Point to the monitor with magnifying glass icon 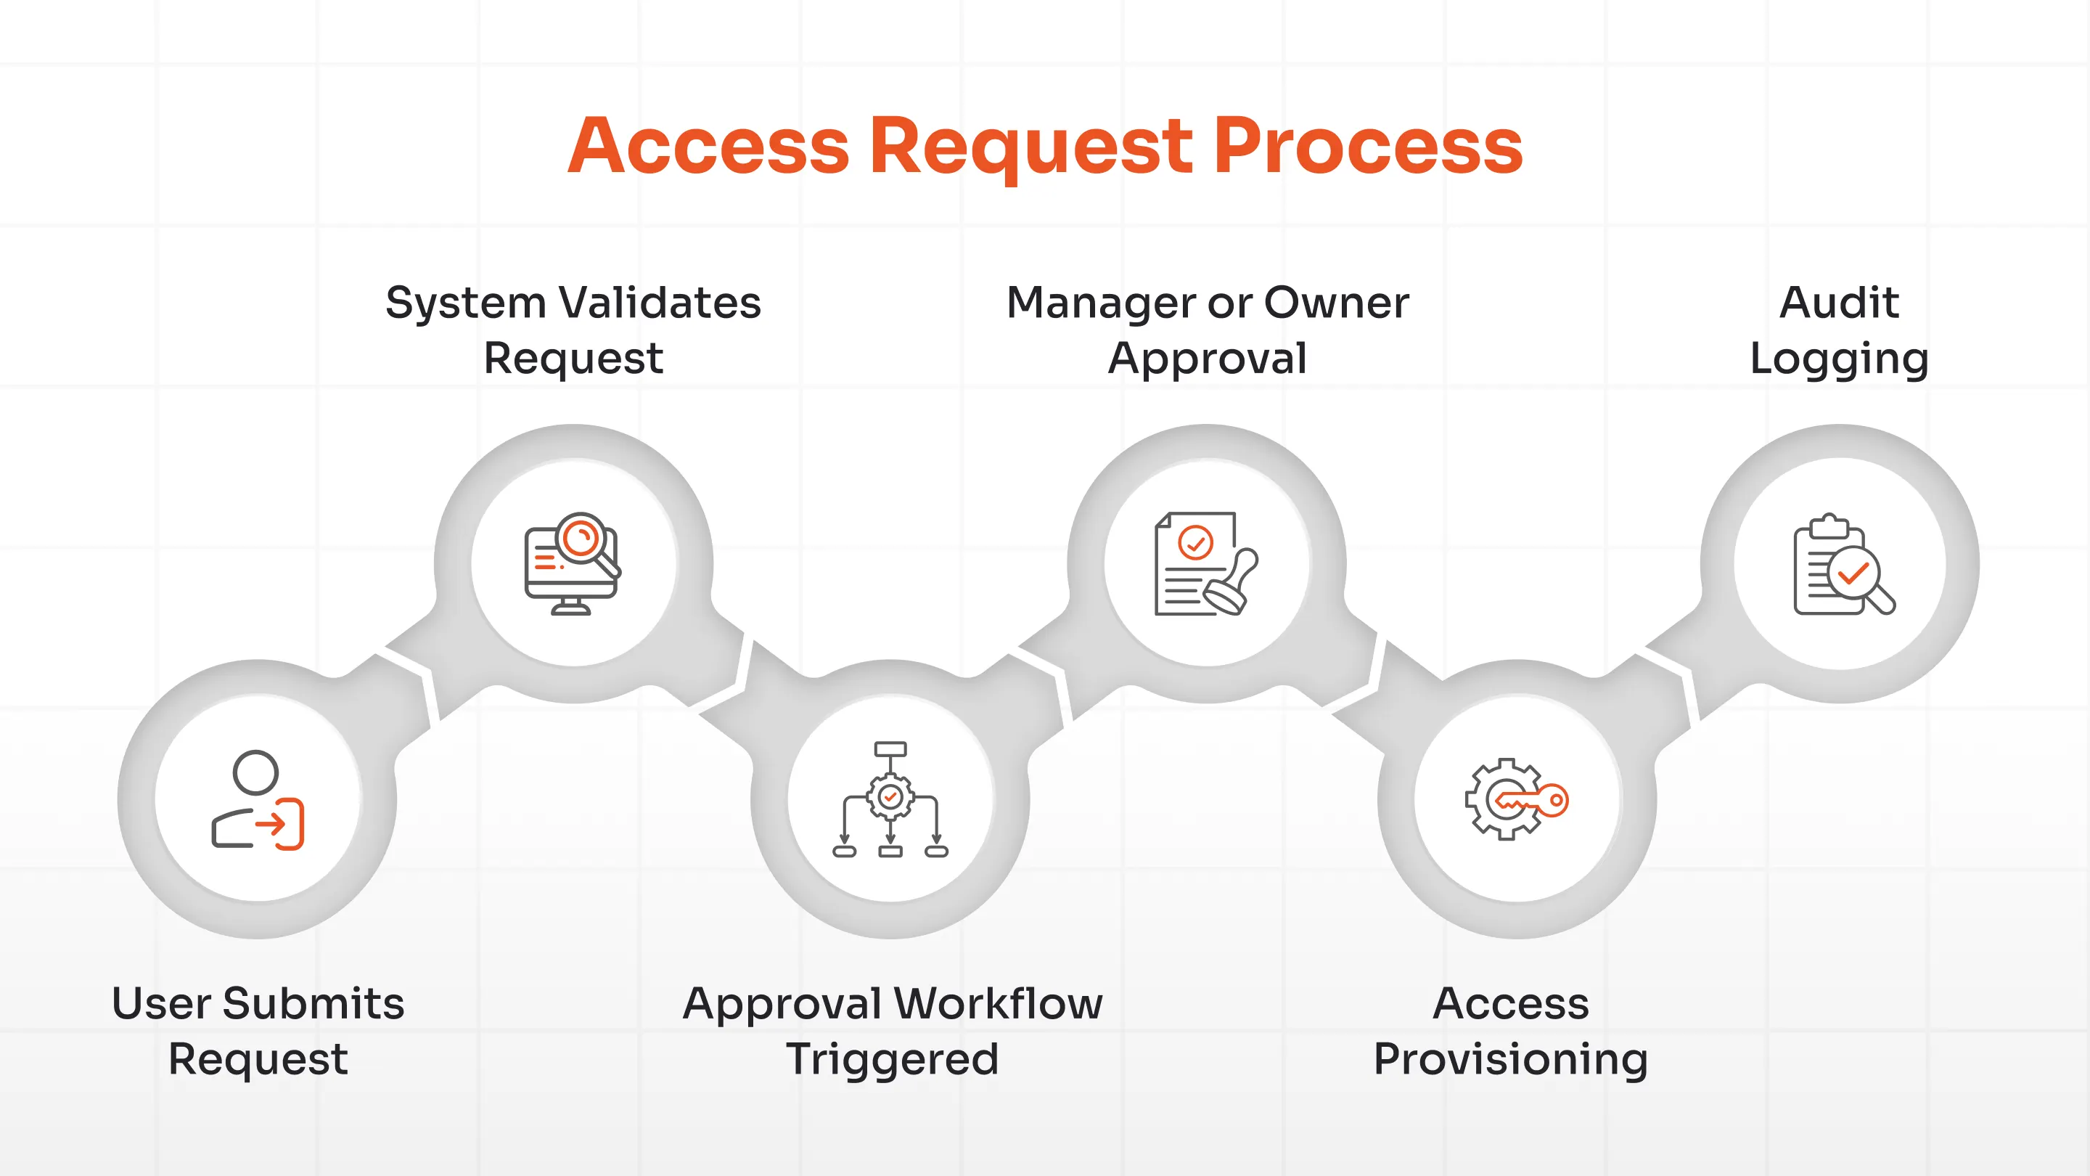[x=572, y=563]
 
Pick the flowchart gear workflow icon [x=890, y=799]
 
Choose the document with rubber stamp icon [x=1205, y=563]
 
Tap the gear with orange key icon [x=1515, y=799]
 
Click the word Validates [x=660, y=303]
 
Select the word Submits [x=313, y=1003]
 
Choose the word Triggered [x=892, y=1060]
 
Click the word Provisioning [x=1510, y=1060]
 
